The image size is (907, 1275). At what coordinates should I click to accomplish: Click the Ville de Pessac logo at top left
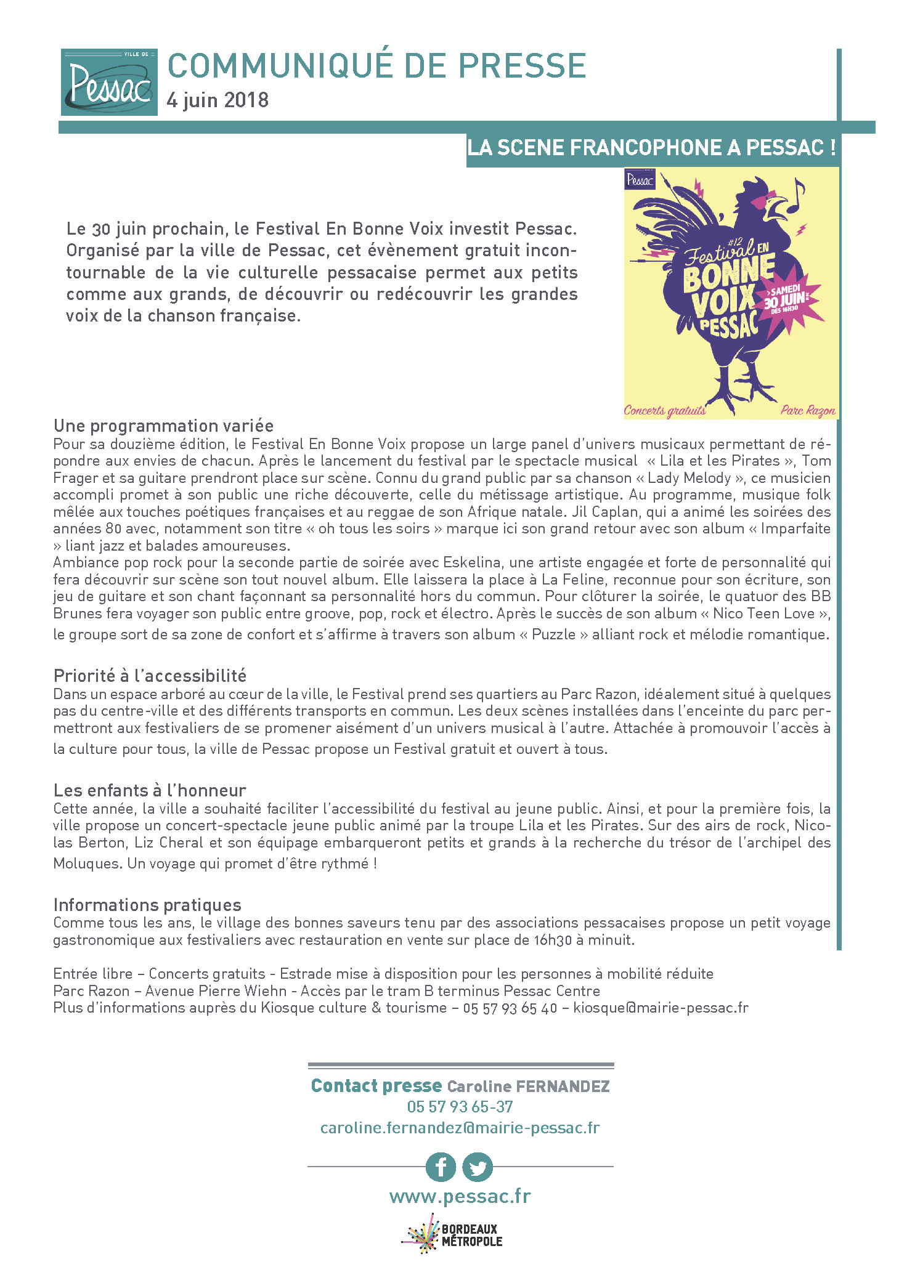pos(109,82)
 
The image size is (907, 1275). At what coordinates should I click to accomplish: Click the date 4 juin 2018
pos(218,100)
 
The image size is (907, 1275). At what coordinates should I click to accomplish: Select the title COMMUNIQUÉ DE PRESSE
pos(376,66)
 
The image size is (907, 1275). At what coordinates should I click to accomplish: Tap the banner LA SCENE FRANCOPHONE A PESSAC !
pos(651,148)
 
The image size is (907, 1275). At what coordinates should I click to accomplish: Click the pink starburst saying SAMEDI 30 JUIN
pos(789,301)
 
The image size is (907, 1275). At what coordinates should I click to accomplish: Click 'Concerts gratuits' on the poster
pos(665,410)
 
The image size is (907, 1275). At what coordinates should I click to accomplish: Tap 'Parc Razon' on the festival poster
pos(808,410)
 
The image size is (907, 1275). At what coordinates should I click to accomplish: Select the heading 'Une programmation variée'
pos(163,426)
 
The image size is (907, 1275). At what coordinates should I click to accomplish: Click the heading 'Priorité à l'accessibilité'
pos(150,676)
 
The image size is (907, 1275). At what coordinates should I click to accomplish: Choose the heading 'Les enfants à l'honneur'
pos(150,790)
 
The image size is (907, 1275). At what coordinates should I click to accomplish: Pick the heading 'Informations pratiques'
pos(147,905)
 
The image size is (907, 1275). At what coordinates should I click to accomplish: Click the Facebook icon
pos(441,1167)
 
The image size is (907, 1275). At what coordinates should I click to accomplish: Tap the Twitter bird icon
pos(478,1167)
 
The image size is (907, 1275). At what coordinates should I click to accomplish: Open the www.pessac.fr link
pos(460,1196)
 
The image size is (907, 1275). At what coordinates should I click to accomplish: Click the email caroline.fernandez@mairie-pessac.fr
pos(460,1128)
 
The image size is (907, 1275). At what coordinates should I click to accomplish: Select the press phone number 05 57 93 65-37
pos(460,1107)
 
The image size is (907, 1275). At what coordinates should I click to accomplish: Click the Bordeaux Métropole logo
pos(453,1234)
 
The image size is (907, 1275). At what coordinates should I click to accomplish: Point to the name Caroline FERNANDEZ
pos(528,1087)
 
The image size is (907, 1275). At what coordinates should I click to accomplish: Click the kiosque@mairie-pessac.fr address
pos(661,1008)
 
